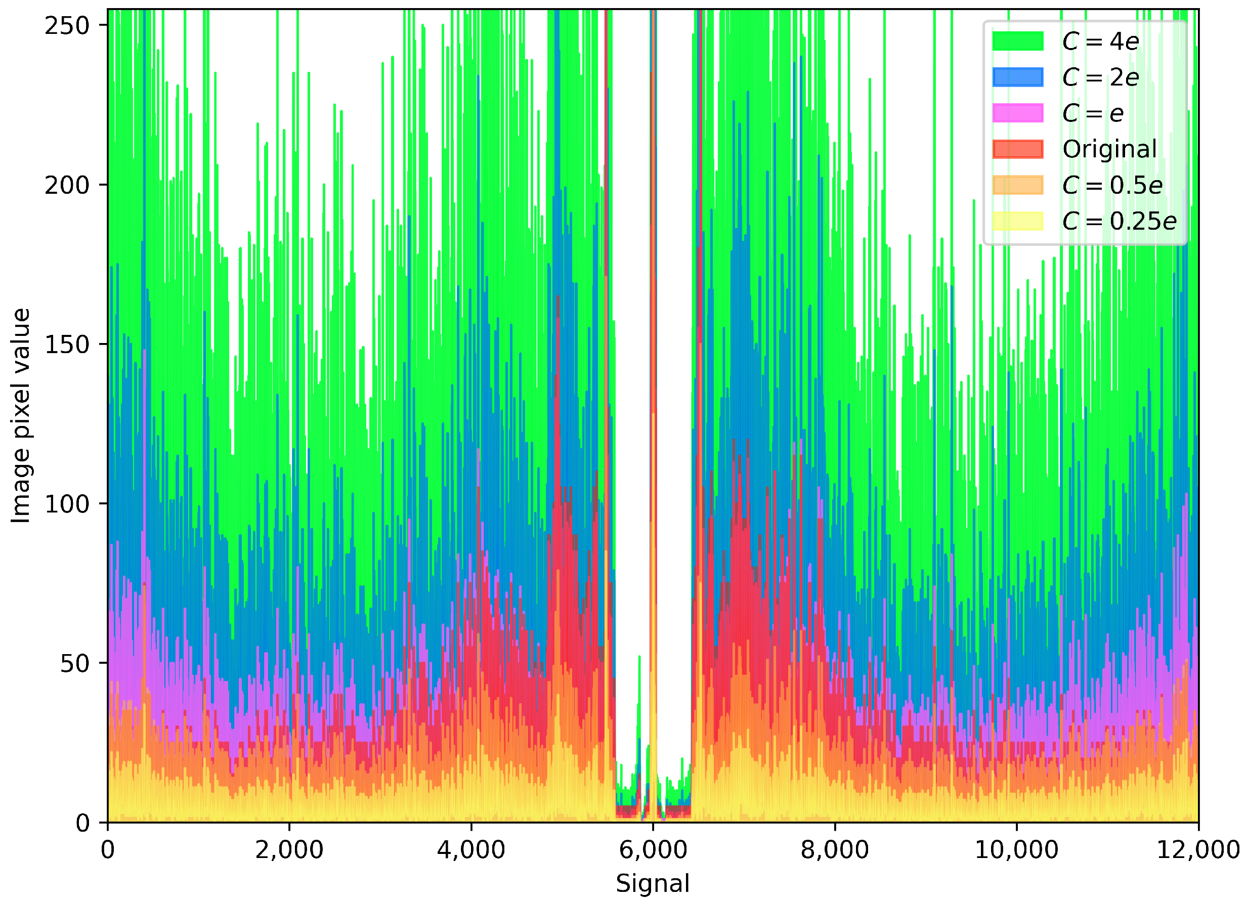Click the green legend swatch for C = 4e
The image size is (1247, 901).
point(1018,41)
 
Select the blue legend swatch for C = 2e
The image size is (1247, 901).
point(1018,77)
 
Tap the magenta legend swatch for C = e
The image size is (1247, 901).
point(1018,113)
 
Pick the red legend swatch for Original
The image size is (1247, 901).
point(1018,149)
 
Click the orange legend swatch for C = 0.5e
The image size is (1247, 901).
point(1018,185)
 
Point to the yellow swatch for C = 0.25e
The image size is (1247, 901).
point(1018,221)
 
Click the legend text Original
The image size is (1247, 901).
point(1109,149)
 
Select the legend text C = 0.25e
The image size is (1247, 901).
point(1119,221)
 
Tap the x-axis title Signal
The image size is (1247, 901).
point(653,883)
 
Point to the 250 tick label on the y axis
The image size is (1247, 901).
point(67,26)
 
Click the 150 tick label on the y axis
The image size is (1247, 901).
point(67,345)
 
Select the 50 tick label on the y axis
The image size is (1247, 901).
point(74,664)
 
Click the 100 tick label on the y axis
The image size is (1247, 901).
point(67,504)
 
